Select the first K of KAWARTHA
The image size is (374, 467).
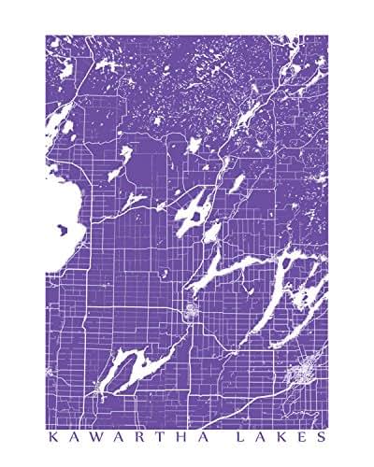click(50, 434)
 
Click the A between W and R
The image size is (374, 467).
click(108, 434)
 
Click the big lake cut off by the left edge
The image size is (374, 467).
click(58, 224)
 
